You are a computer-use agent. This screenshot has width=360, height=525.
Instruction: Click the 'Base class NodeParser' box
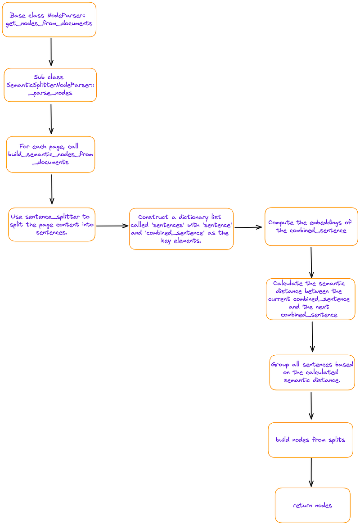[49, 19]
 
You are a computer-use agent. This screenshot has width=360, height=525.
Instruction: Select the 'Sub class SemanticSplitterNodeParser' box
[50, 85]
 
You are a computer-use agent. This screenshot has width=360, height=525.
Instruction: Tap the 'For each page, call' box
[50, 154]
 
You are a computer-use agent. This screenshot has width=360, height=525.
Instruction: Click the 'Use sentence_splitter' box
[52, 224]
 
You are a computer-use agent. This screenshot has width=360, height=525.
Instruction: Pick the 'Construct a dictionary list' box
[181, 229]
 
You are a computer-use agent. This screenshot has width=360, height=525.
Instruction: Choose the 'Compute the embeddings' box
[311, 226]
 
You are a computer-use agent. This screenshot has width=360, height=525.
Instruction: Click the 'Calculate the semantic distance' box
[310, 299]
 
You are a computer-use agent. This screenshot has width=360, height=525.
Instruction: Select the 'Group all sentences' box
[312, 372]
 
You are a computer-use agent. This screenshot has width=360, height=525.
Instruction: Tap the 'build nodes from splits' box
[310, 440]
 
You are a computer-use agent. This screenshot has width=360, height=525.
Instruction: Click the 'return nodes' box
[312, 505]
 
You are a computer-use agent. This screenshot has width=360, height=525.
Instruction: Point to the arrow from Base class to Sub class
[51, 52]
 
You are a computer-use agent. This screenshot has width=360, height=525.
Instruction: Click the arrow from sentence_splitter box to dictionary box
[112, 226]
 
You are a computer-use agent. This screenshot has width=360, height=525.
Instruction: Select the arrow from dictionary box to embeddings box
[248, 227]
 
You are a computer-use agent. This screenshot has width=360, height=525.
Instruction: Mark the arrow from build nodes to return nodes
[311, 472]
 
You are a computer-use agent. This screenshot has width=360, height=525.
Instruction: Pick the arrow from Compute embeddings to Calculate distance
[311, 262]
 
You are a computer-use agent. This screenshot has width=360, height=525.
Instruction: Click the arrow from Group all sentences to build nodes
[311, 406]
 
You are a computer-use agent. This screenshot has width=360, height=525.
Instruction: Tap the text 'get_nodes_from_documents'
[49, 23]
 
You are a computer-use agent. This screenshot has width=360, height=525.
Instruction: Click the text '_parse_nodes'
[50, 93]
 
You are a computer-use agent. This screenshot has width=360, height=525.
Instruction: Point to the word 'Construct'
[153, 217]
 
